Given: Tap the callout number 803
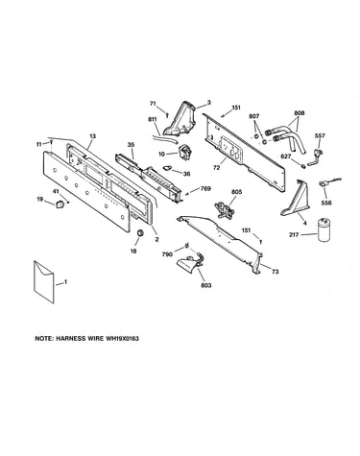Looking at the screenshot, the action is click(x=206, y=285).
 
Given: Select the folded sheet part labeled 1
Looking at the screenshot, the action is click(x=43, y=281).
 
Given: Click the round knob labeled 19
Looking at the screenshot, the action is click(x=60, y=204).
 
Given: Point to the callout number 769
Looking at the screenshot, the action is click(x=205, y=188).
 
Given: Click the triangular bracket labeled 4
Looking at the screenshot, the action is click(x=296, y=198).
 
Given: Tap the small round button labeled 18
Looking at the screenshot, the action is click(x=140, y=233).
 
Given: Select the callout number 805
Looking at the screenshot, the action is click(x=237, y=192).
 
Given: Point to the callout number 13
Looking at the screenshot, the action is click(x=92, y=136).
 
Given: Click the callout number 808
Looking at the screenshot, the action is click(x=299, y=113).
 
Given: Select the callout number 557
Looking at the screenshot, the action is click(x=320, y=135).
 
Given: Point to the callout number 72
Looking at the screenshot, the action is click(x=216, y=167).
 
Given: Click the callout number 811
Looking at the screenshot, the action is click(x=153, y=119).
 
